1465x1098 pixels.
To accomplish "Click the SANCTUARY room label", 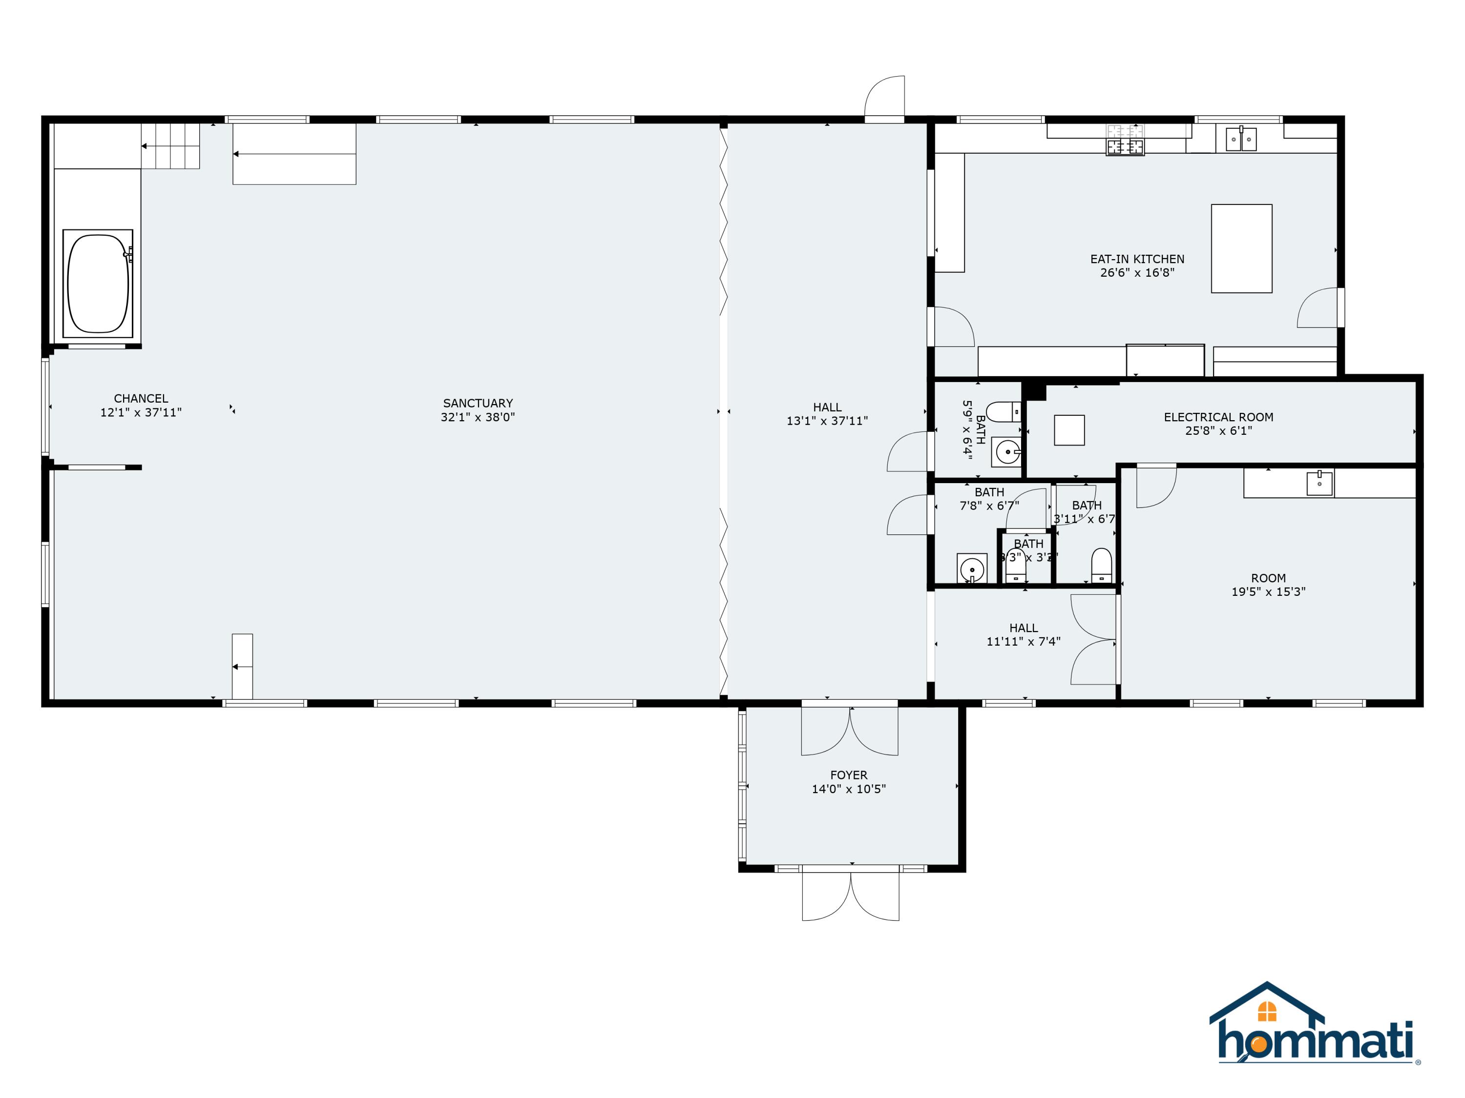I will click(x=478, y=403).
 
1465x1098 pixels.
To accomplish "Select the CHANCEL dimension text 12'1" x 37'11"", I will click(x=141, y=412).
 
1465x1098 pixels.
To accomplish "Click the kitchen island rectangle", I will click(x=1241, y=248).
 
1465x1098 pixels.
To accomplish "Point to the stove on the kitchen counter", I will click(x=1125, y=147).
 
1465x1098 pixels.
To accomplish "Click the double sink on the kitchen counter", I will click(x=1240, y=140).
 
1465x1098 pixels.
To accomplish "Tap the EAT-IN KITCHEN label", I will click(x=1137, y=259).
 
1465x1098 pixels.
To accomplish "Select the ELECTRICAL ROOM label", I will click(x=1218, y=417).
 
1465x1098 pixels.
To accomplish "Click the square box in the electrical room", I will click(x=1069, y=430).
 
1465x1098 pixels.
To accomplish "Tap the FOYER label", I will click(x=848, y=775).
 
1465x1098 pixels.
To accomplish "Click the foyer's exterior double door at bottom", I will click(x=850, y=895).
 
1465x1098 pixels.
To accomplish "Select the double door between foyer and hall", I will click(x=850, y=730).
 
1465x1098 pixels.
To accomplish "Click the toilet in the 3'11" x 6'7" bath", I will click(x=1101, y=565).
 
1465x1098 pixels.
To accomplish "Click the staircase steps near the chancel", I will click(x=171, y=146).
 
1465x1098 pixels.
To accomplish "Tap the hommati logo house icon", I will click(x=1266, y=1011).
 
